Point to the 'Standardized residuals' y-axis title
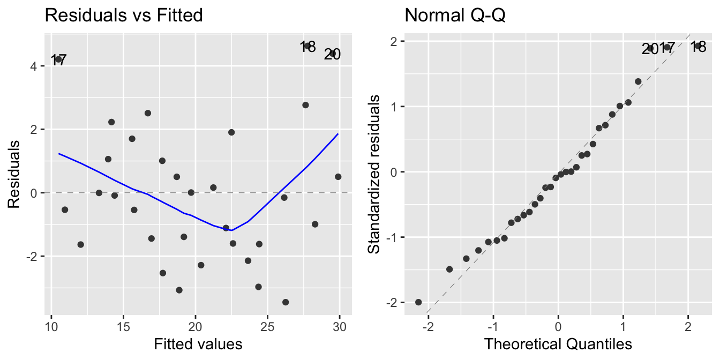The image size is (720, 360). [374, 175]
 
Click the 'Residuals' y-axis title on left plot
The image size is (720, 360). [14, 175]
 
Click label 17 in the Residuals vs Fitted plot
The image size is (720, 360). [58, 61]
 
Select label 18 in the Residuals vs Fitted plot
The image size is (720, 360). [307, 47]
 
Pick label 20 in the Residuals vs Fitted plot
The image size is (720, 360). [332, 54]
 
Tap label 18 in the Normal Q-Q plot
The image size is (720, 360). [697, 47]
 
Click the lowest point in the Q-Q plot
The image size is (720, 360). [418, 302]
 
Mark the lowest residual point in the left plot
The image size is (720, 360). [286, 302]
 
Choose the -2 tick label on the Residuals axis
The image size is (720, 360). [32, 256]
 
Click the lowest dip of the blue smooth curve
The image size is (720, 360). [232, 230]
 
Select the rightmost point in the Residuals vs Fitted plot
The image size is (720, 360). [338, 176]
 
